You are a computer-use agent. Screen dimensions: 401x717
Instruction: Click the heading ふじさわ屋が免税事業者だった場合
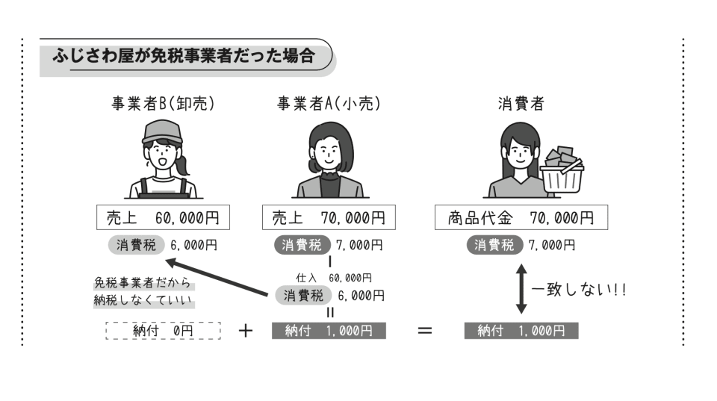coord(184,56)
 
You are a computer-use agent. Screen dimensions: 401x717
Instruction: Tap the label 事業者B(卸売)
coord(163,105)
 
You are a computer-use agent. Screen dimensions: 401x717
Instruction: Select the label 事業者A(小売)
coord(329,105)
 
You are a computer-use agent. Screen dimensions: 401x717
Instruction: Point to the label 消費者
coord(521,105)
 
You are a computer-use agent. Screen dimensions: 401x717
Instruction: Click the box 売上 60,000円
coord(163,218)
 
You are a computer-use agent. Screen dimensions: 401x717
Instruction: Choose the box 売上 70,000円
coord(329,218)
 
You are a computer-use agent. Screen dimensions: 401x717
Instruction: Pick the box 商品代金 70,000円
coord(521,218)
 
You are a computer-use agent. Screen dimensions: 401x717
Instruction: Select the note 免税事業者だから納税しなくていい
coord(142,292)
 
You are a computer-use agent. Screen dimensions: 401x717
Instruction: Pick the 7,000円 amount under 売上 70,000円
coord(360,244)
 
